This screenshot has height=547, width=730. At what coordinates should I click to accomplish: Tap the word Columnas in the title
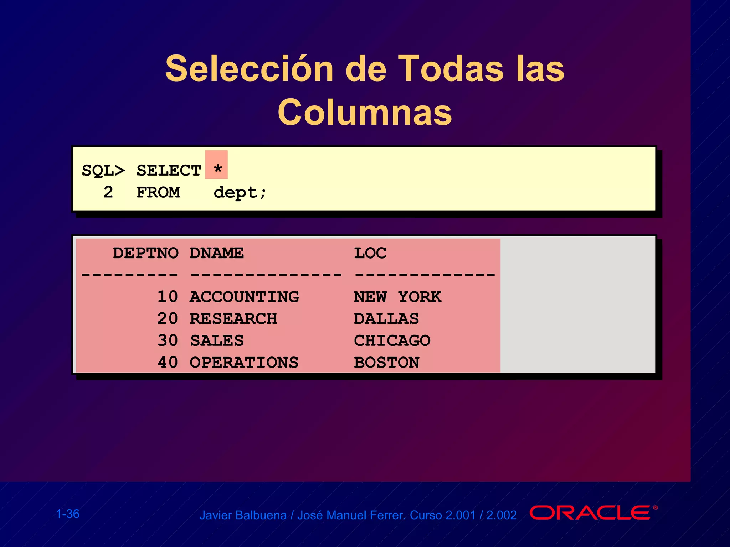click(x=365, y=113)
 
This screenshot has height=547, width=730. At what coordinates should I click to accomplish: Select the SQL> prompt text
click(x=103, y=171)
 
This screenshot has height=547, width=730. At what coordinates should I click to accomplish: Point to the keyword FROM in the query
click(x=158, y=193)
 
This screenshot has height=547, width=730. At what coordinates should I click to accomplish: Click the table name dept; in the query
click(x=240, y=193)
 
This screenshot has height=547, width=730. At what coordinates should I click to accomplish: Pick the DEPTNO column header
click(x=145, y=253)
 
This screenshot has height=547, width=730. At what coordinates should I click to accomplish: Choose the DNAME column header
click(x=217, y=253)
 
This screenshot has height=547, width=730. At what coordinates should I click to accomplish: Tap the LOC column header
click(x=370, y=253)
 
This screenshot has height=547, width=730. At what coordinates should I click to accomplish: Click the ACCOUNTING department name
click(x=244, y=297)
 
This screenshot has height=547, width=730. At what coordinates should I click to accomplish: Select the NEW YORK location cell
click(x=397, y=297)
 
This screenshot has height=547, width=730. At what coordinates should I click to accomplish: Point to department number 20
click(x=168, y=319)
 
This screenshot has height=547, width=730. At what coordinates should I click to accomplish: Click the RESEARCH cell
click(x=233, y=319)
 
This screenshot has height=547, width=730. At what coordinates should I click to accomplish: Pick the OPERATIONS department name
click(x=244, y=363)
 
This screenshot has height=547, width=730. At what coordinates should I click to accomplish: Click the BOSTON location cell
click(x=387, y=363)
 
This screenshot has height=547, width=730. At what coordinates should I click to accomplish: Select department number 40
click(x=168, y=363)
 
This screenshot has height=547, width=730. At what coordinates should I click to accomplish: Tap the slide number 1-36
click(x=68, y=514)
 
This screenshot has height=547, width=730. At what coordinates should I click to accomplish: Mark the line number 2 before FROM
click(x=108, y=192)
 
